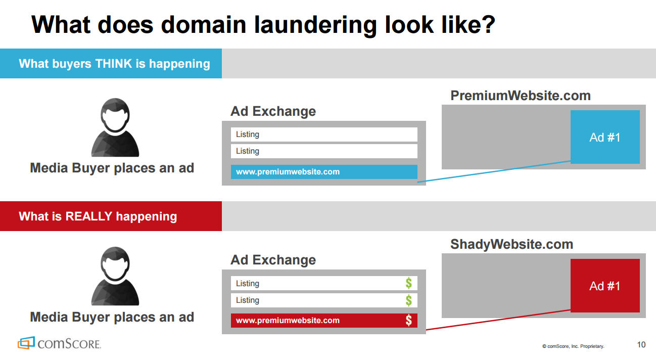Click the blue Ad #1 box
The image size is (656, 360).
click(x=605, y=137)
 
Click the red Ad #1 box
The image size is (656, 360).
click(x=605, y=286)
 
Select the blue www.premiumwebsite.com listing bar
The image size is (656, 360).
click(x=324, y=172)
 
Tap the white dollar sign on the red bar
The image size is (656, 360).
click(x=408, y=320)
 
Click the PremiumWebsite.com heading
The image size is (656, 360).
click(x=520, y=96)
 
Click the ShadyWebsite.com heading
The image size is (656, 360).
click(x=511, y=244)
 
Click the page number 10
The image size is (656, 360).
click(x=641, y=345)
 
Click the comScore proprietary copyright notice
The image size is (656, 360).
click(x=573, y=346)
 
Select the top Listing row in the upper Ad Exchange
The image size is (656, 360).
click(x=324, y=134)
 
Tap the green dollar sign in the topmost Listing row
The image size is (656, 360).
click(x=408, y=283)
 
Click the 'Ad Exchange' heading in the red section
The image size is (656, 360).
click(x=273, y=260)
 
